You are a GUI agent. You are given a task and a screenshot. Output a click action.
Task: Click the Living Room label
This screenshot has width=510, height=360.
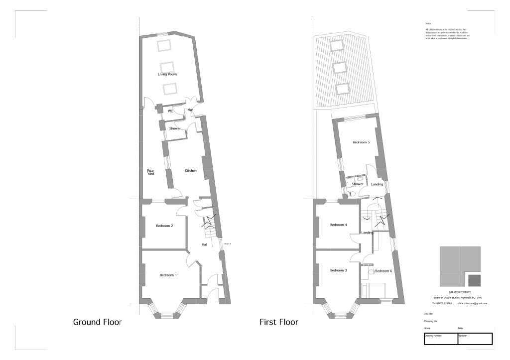(167, 74)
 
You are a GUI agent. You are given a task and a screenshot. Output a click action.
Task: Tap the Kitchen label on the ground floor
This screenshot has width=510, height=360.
(191, 171)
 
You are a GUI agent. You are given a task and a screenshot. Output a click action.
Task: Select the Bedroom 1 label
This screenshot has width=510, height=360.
(168, 275)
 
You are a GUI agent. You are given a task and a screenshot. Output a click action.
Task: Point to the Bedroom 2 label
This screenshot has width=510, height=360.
(164, 226)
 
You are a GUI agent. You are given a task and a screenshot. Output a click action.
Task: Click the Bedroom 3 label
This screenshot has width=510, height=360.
(338, 270)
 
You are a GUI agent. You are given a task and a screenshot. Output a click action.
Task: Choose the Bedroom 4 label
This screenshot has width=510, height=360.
(338, 225)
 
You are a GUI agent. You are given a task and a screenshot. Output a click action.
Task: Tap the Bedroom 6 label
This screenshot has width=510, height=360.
(383, 271)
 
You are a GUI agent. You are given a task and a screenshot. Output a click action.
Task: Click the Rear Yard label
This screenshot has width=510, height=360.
(150, 172)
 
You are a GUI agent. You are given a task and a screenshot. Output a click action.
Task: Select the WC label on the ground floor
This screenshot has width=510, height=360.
(170, 111)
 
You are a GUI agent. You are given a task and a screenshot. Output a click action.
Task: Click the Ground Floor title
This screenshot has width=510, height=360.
(98, 322)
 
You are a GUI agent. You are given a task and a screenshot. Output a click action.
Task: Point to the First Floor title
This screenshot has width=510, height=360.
(279, 322)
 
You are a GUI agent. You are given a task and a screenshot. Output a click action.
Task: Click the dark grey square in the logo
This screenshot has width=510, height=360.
(475, 280)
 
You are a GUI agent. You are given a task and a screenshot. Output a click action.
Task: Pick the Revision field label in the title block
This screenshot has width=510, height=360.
(463, 336)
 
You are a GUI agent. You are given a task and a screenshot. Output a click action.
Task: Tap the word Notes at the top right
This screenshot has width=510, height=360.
(428, 23)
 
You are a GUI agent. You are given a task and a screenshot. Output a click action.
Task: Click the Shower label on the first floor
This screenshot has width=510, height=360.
(358, 184)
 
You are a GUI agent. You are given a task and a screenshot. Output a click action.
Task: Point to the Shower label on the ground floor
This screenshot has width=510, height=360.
(175, 128)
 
